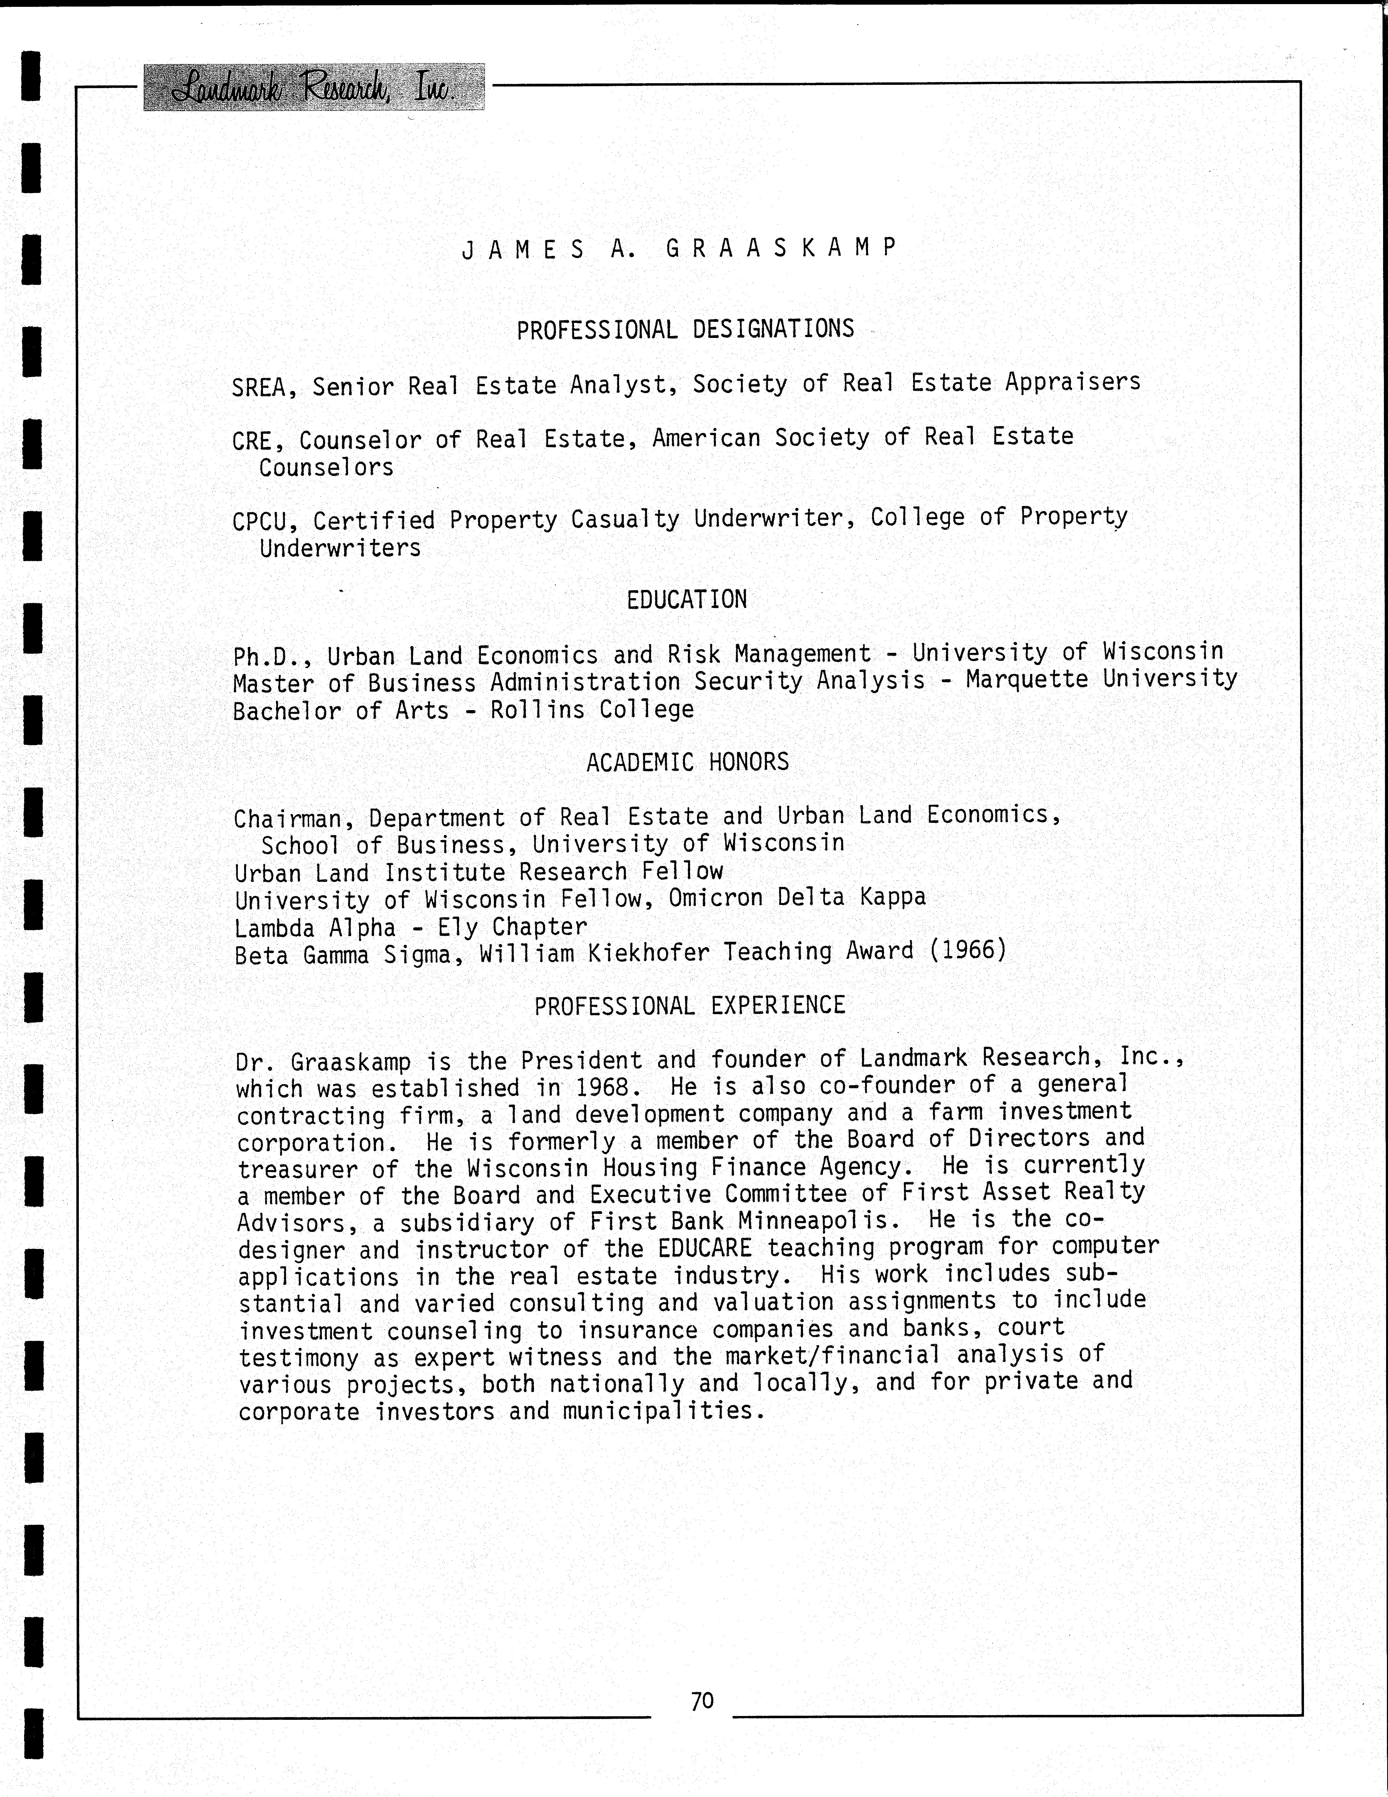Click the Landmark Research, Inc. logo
pyautogui.click(x=313, y=87)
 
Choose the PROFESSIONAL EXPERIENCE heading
pyautogui.click(x=689, y=1005)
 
